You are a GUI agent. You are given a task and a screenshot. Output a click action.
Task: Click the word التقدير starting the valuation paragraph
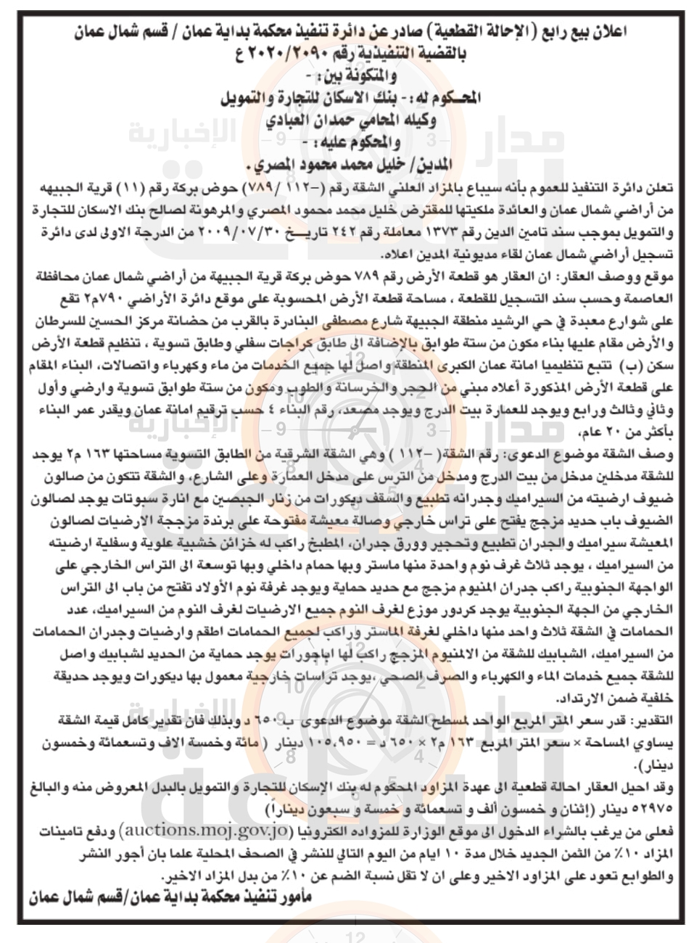(x=650, y=717)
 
